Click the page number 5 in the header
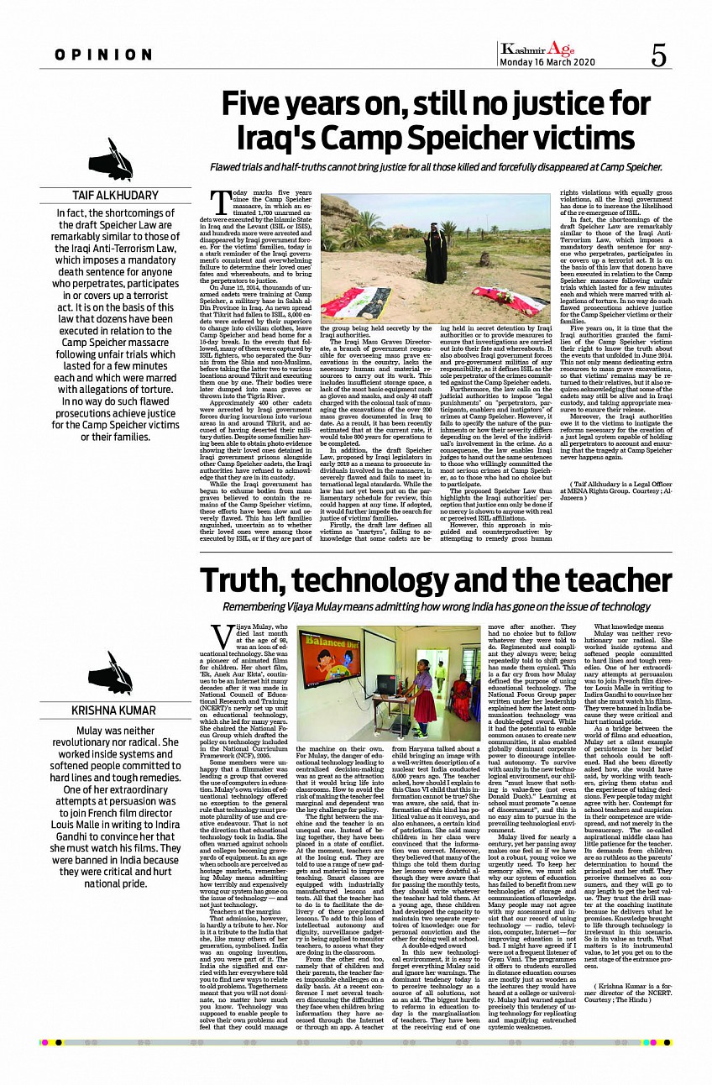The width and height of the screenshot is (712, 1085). coord(658,55)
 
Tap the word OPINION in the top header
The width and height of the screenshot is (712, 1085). coord(104,55)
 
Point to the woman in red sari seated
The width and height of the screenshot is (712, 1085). coord(462,695)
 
